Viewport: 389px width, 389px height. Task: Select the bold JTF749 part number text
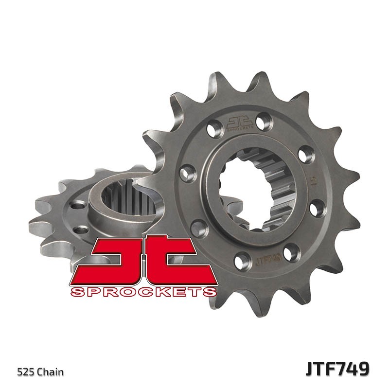(337, 369)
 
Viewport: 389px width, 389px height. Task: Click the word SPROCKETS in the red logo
(143, 292)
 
